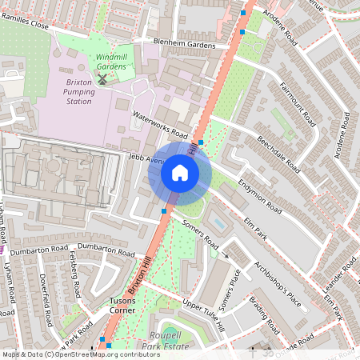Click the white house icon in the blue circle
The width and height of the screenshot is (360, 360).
(x=180, y=173)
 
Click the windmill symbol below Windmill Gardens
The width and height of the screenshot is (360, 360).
(x=102, y=78)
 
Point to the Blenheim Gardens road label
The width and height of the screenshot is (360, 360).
(x=186, y=46)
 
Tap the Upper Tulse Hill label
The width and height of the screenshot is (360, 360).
(x=203, y=314)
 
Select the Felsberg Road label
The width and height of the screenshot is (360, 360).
(x=74, y=274)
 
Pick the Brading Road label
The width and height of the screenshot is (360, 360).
(x=264, y=316)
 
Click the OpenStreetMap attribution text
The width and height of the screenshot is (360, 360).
(x=80, y=354)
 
